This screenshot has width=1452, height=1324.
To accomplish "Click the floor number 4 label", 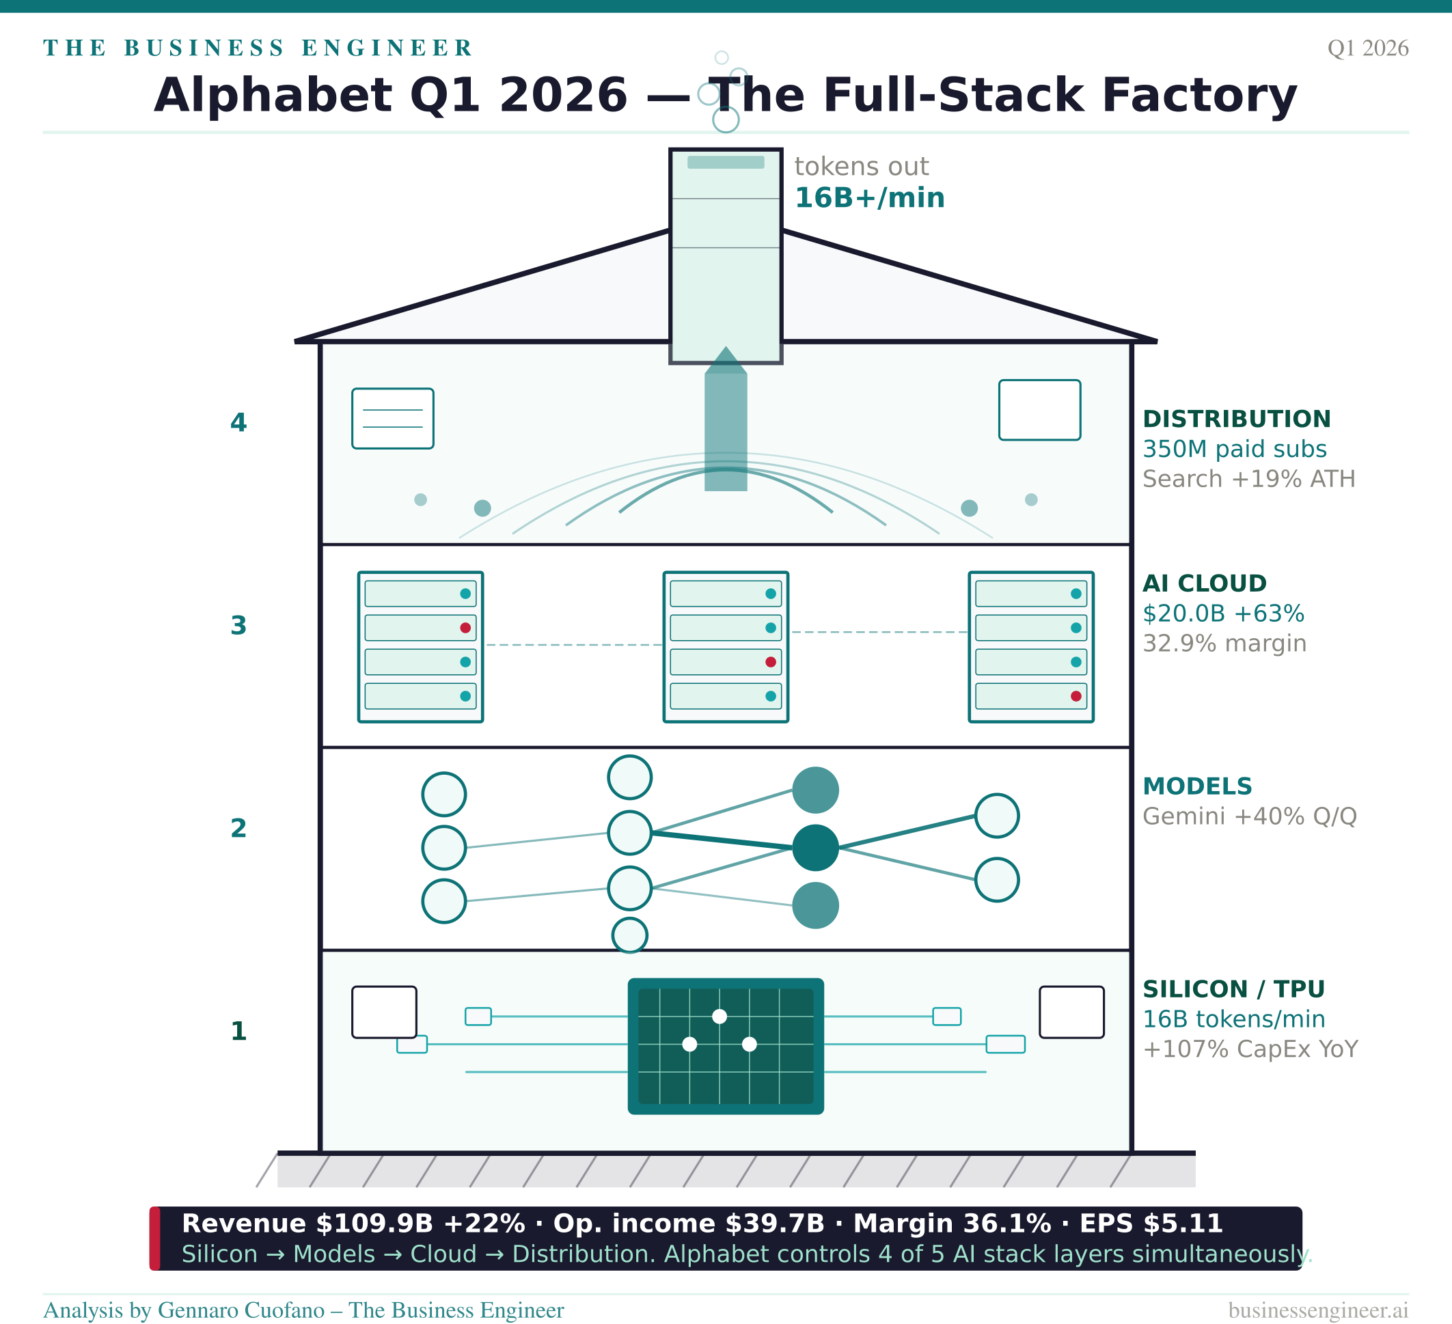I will [238, 423].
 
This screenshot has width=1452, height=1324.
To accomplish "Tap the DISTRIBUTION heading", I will [1237, 419].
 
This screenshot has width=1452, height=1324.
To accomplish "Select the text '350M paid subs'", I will [1235, 450].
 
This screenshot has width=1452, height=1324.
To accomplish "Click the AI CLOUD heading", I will [1204, 583].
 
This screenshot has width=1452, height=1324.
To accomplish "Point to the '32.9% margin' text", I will [1224, 644].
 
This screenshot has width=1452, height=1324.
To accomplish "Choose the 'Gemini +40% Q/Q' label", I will [1250, 816].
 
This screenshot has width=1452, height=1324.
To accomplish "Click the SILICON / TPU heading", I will [1234, 989].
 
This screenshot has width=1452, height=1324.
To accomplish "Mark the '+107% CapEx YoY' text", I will [1250, 1049].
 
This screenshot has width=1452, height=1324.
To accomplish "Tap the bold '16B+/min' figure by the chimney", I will [869, 198].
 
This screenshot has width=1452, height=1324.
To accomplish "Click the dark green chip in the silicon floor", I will [726, 1046].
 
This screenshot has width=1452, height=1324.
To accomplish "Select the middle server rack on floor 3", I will [726, 646].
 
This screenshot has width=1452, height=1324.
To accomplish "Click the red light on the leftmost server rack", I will [465, 628].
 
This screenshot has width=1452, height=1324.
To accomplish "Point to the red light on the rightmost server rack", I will [1076, 696].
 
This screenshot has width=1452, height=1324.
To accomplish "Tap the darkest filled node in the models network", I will [815, 848].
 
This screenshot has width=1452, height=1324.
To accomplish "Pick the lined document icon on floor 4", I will [392, 418].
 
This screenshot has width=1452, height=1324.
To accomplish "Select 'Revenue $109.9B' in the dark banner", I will [307, 1224].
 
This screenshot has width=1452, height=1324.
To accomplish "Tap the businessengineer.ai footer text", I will [1318, 1310].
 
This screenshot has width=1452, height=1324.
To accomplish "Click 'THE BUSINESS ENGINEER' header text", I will [258, 49].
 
